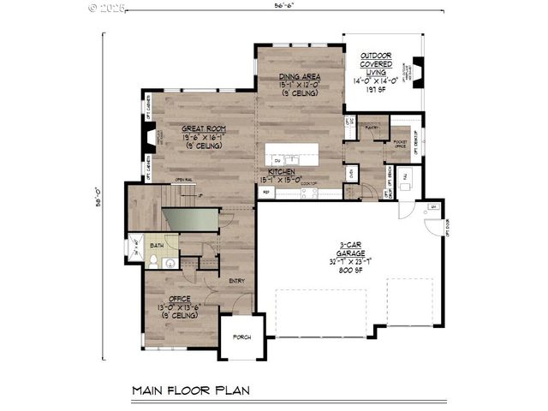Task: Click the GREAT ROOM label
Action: click(x=202, y=129)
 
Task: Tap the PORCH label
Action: click(x=241, y=337)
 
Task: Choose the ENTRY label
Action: click(x=237, y=280)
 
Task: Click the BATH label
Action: click(x=157, y=246)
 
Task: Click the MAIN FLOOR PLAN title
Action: click(x=190, y=391)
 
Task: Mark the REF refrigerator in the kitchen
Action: click(x=265, y=193)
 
